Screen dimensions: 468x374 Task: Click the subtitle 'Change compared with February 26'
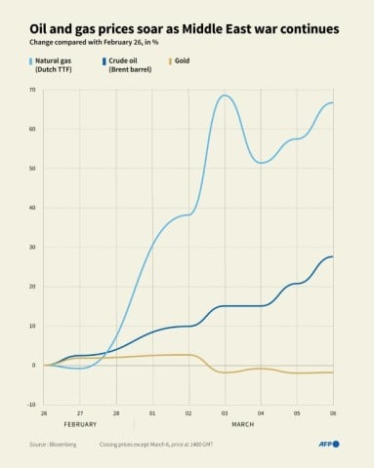[x=95, y=43]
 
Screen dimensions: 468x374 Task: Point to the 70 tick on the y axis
[x=32, y=90]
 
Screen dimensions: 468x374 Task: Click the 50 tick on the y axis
[x=32, y=169]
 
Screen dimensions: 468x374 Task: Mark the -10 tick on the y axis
[x=31, y=404]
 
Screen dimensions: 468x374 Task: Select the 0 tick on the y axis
[x=33, y=365]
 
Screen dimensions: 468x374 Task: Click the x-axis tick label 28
[x=117, y=412]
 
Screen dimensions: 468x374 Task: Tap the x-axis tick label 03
[x=225, y=412]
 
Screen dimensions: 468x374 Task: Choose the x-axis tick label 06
[x=333, y=412]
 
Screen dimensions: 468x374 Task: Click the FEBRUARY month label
[x=80, y=426]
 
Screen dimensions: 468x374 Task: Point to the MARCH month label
[x=242, y=426]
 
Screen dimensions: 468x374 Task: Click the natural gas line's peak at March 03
[x=226, y=96]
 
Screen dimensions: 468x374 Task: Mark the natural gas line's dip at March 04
[x=261, y=163]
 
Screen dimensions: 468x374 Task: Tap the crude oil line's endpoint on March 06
[x=333, y=256]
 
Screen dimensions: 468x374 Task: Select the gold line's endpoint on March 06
[x=333, y=372]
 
